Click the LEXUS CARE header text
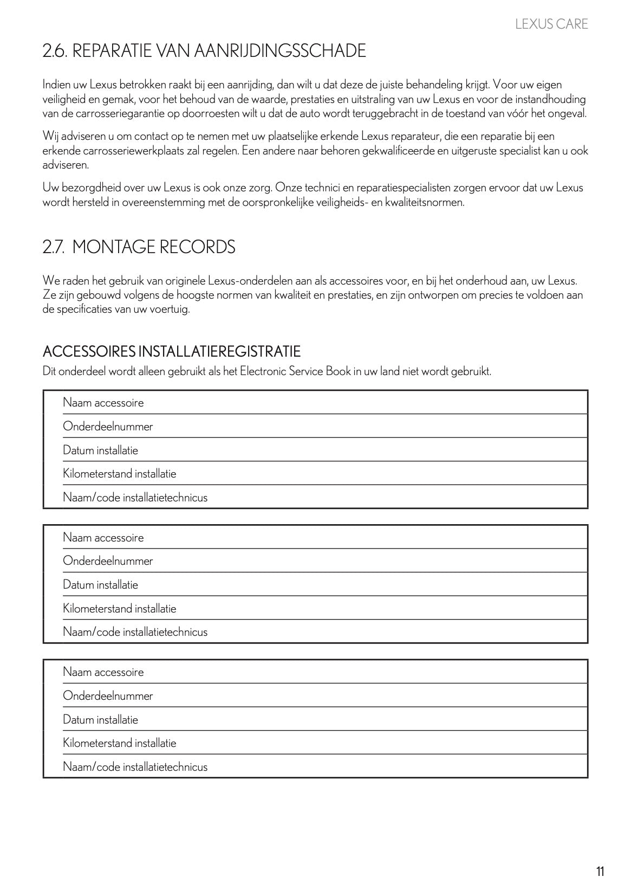click(551, 24)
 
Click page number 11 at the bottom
click(600, 872)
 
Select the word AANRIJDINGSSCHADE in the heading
click(279, 51)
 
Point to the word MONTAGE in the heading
click(112, 247)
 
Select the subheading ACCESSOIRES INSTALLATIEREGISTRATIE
click(171, 351)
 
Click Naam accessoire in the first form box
click(103, 403)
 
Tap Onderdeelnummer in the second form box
click(108, 561)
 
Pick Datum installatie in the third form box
click(100, 720)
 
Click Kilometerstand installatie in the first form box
click(119, 474)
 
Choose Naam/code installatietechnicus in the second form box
click(135, 632)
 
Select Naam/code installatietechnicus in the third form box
click(135, 767)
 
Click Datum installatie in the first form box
click(100, 450)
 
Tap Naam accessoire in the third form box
click(103, 672)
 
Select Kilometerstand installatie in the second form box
click(119, 609)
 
